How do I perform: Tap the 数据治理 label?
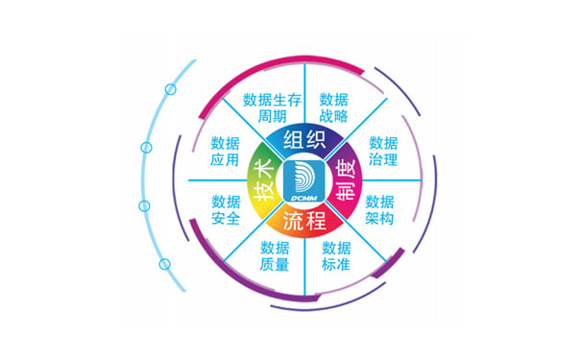tap(383, 152)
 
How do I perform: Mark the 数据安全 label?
tap(226, 209)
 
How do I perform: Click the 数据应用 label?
tap(226, 152)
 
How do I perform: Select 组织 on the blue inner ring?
tap(304, 141)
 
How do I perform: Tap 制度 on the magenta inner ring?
tap(342, 180)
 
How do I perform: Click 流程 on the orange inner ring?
tap(303, 221)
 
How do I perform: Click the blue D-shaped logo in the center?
tap(303, 176)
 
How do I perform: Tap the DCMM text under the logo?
tap(303, 197)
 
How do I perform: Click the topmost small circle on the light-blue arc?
tap(171, 89)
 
